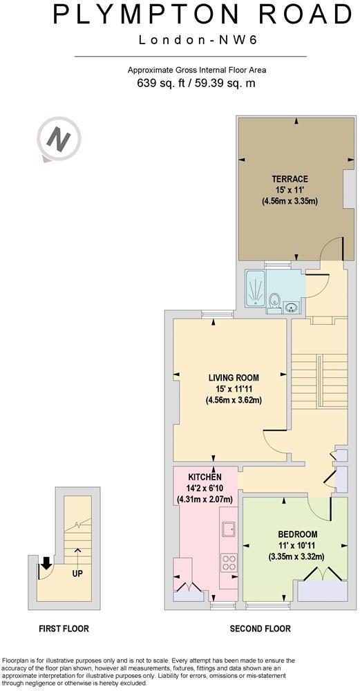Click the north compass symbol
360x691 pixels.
tap(58, 140)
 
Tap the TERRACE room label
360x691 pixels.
tap(290, 179)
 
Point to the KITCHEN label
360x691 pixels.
tap(205, 477)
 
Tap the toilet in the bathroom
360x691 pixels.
tap(274, 302)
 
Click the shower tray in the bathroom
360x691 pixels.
tap(256, 292)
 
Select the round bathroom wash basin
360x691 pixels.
tap(291, 306)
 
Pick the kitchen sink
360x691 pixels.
tap(229, 529)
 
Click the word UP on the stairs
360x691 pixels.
tap(77, 574)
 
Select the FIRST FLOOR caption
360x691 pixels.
tap(64, 628)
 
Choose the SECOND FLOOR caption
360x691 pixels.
tap(260, 628)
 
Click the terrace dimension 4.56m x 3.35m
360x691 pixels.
tap(290, 201)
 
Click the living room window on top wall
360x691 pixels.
tap(217, 314)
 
